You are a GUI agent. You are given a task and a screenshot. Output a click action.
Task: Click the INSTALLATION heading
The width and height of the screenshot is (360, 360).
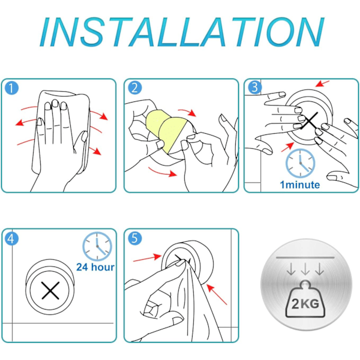[182, 32]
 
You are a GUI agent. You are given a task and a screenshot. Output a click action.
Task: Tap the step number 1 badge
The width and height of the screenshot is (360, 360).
[11, 88]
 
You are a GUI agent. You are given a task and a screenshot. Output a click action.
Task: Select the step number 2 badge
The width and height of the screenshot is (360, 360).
[135, 88]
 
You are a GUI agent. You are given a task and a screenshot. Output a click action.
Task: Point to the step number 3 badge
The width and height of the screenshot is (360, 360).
[254, 88]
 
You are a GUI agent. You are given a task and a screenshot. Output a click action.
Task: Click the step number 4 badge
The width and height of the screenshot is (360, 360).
[11, 239]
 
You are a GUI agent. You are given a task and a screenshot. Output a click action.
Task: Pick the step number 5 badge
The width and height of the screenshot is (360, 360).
[135, 238]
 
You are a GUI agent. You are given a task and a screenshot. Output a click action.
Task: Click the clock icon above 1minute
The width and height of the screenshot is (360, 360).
[301, 163]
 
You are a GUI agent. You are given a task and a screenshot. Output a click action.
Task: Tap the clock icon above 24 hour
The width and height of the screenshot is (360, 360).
[97, 247]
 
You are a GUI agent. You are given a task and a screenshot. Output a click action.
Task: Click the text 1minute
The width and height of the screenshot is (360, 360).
[300, 185]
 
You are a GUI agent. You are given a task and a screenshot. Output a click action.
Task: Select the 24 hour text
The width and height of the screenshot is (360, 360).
[95, 267]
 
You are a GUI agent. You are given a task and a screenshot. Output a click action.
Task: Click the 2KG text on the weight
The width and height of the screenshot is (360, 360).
[305, 304]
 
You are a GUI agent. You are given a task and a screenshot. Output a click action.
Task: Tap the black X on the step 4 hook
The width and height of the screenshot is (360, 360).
[50, 290]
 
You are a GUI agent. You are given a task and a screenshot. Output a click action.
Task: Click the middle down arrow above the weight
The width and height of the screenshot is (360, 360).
[305, 269]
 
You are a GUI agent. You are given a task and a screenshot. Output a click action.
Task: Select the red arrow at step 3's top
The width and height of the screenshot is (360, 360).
[322, 83]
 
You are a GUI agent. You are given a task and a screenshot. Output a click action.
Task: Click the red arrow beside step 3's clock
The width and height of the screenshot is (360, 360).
[287, 147]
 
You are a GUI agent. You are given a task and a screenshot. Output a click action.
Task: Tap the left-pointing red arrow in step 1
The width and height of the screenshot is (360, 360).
[26, 122]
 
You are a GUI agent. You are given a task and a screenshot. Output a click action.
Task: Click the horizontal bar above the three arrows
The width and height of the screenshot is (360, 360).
[305, 257]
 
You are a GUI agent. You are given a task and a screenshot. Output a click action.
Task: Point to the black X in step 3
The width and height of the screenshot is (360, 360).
[310, 121]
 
